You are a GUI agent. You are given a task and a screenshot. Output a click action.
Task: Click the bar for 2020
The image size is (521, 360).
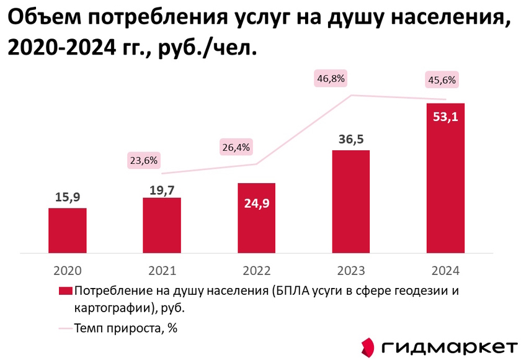pos(68,230)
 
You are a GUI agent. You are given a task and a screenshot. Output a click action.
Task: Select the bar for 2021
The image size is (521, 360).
pos(162,225)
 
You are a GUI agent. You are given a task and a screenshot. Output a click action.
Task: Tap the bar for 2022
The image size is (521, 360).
pos(256,218)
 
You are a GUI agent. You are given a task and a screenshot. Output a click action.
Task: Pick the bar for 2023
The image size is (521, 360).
pos(351,202)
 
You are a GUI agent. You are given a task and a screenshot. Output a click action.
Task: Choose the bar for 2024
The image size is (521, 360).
pos(445,178)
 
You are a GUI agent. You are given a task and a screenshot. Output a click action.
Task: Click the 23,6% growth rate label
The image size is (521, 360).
pos(144,160)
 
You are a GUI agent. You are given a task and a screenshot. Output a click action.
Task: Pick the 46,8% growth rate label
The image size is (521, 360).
pos(331,78)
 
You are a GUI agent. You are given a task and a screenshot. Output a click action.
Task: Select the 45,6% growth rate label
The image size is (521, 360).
pos(441,79)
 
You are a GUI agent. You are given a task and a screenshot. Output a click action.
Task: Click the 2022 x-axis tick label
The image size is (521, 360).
pos(256,271)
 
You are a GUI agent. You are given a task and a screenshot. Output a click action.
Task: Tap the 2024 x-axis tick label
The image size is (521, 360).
pos(445,271)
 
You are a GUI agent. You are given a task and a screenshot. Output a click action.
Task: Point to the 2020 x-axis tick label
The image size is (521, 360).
pos(68,271)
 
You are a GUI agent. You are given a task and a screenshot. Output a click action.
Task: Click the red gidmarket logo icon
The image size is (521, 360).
pos(368,347)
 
